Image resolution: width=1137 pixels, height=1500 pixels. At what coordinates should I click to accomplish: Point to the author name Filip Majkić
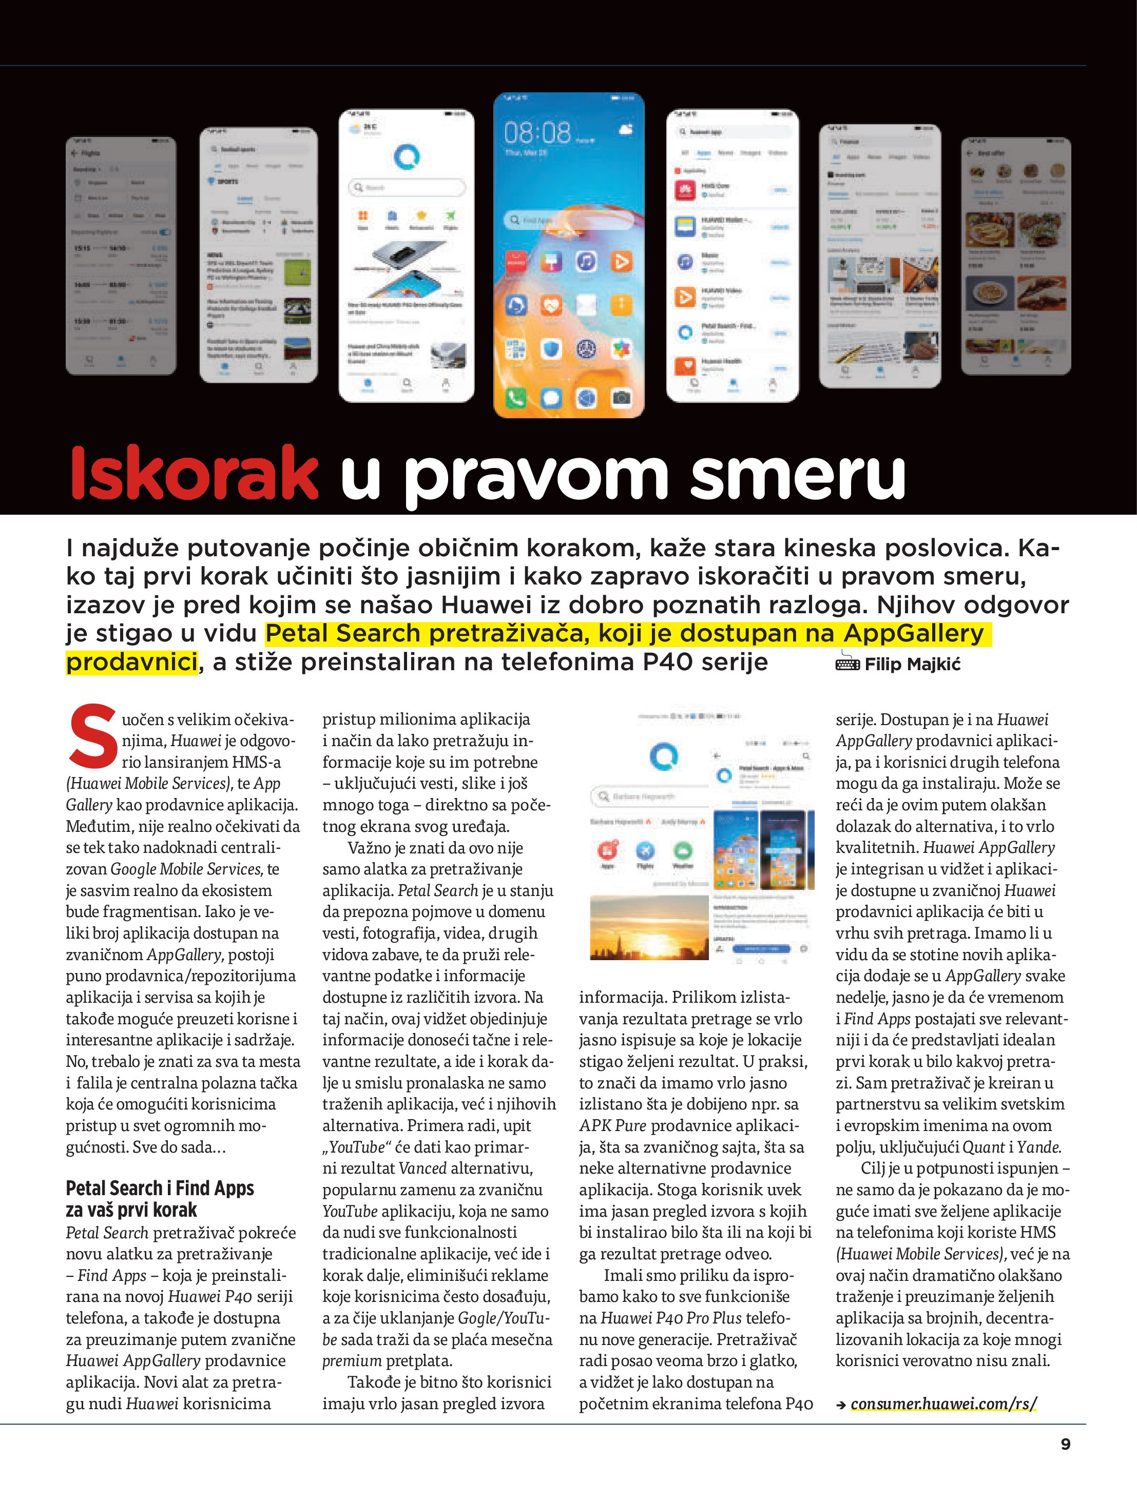pos(913,665)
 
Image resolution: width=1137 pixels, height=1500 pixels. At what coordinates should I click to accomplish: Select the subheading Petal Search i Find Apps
pos(160,1188)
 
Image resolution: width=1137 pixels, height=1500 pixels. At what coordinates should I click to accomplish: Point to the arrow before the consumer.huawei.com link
pos(841,1405)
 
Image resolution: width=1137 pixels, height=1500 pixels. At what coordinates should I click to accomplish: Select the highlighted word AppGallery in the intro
pos(913,633)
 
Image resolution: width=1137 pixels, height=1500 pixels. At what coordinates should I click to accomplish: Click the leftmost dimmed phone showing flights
pos(121,256)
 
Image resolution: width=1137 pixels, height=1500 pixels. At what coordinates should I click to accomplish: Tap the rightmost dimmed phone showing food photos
pos(1015,256)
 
